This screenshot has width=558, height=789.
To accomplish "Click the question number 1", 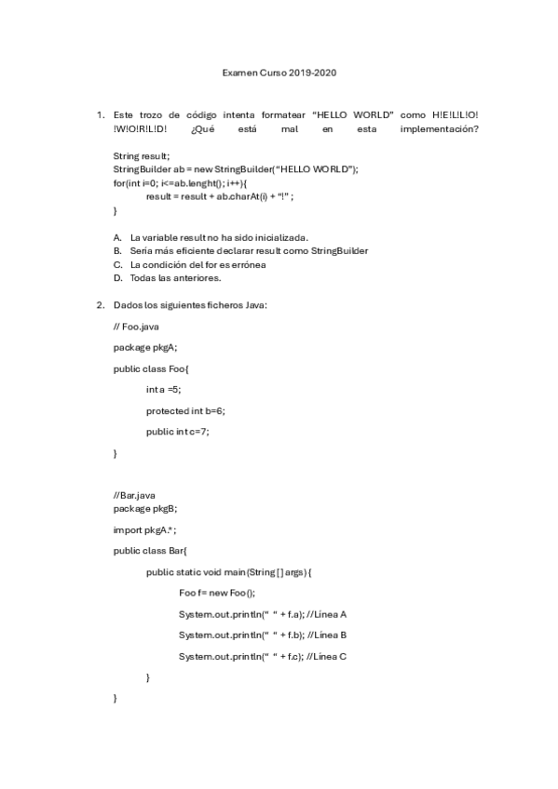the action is coord(100,114).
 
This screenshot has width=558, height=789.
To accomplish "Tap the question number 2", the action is coord(100,305).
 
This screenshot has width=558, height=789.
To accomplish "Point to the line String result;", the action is coord(142,156).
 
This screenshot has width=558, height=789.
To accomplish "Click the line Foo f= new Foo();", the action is coord(216,593).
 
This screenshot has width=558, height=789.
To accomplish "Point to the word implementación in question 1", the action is coord(439,129).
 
